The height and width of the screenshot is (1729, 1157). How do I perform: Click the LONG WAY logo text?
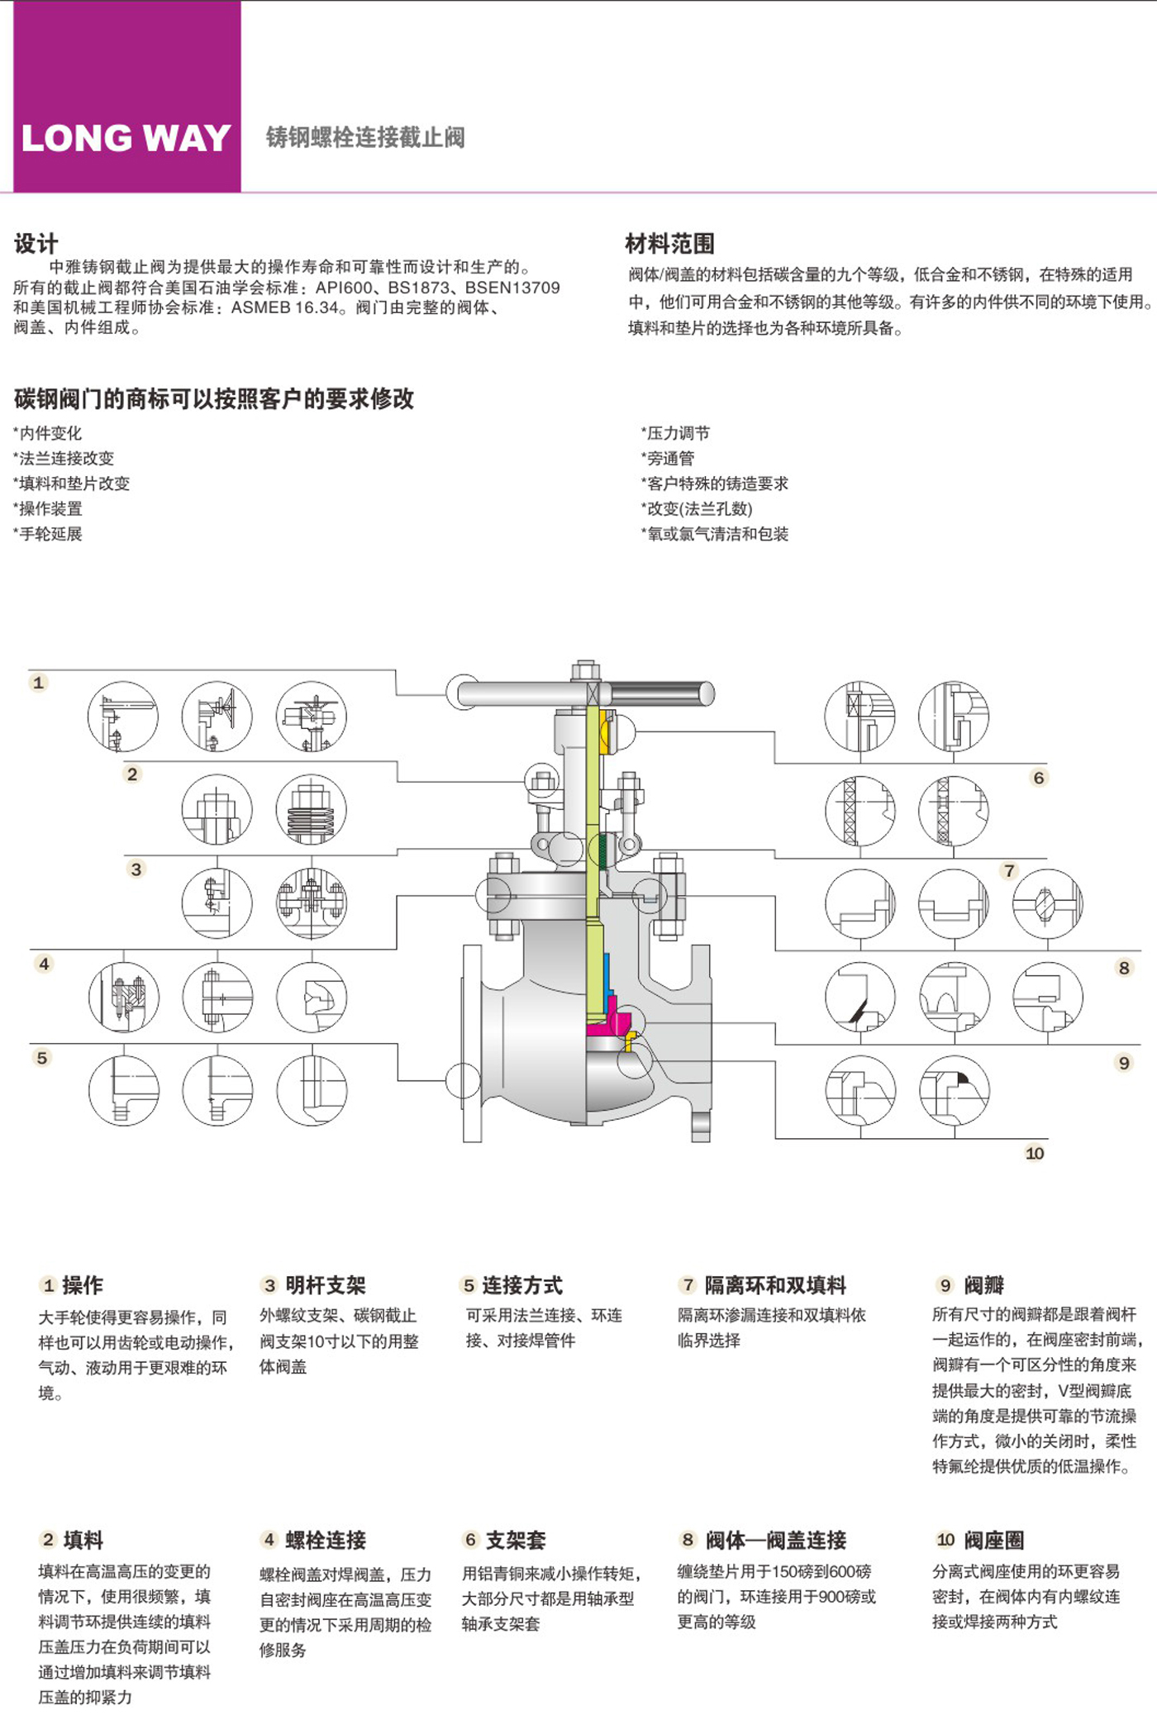[x=126, y=138]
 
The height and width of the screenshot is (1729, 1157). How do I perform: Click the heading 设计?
[x=36, y=244]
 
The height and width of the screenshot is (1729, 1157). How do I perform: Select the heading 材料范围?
[x=669, y=244]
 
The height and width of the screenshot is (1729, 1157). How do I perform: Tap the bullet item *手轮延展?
[x=48, y=534]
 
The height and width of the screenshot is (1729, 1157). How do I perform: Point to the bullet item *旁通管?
[x=668, y=458]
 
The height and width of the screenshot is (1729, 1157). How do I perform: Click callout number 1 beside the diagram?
[x=38, y=683]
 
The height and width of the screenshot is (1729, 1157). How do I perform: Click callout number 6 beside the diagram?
[x=1039, y=778]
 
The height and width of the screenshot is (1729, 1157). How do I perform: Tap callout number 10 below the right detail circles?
[x=1035, y=1153]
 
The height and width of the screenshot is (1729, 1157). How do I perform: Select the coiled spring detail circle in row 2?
[x=312, y=809]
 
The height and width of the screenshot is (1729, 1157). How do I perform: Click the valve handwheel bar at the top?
[x=585, y=693]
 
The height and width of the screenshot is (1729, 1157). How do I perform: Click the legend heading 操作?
[x=83, y=1285]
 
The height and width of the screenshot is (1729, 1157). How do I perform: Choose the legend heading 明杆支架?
[x=326, y=1285]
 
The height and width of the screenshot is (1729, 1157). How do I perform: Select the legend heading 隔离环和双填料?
[x=775, y=1285]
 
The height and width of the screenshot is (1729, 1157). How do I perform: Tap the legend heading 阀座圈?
[x=994, y=1540]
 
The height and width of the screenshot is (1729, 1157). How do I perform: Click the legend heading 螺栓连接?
[x=326, y=1540]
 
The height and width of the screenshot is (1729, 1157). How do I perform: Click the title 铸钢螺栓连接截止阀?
[x=365, y=137]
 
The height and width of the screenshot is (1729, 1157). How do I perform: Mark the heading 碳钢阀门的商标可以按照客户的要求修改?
[x=214, y=399]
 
